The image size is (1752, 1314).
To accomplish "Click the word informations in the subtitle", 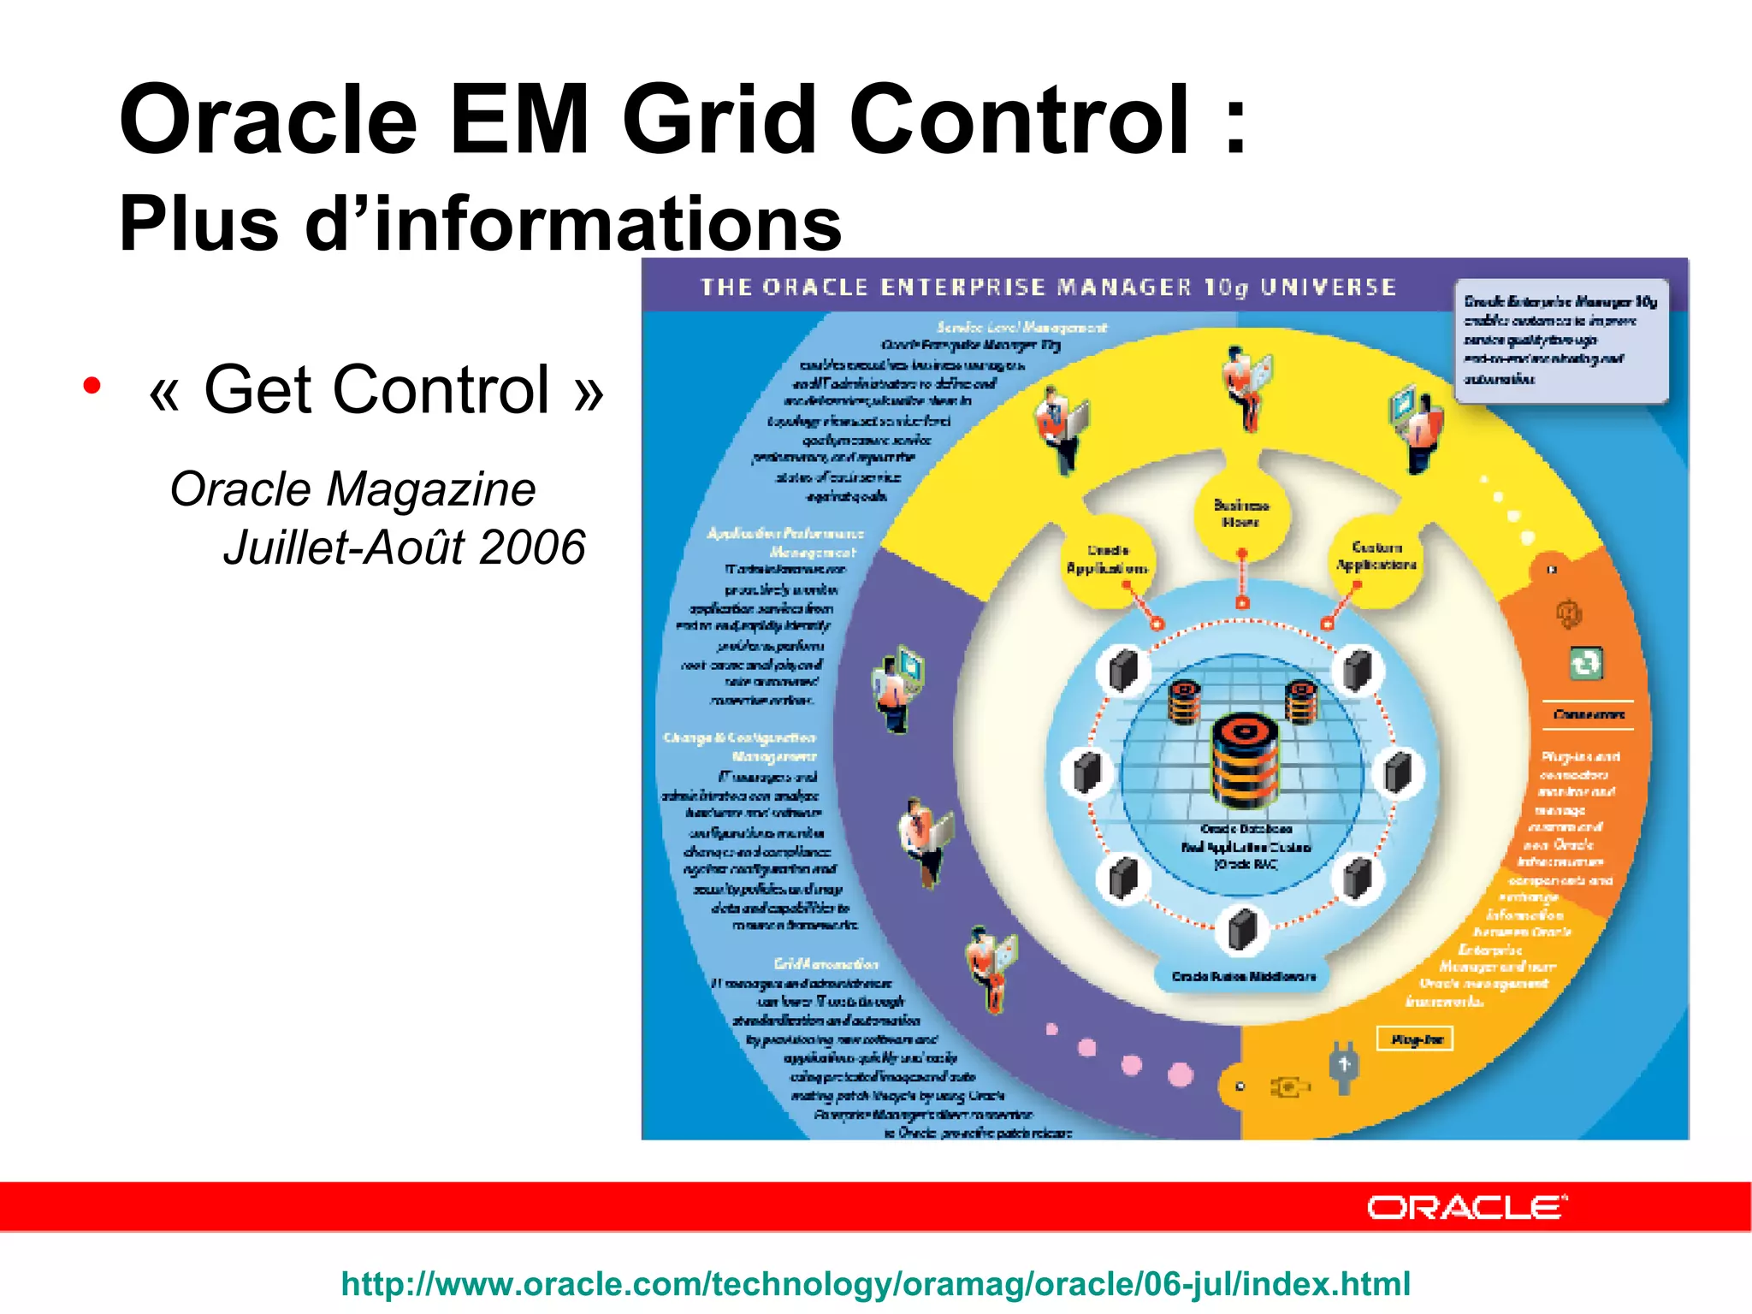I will (607, 224).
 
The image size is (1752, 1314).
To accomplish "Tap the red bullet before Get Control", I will (92, 386).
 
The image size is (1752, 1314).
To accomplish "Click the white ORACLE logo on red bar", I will (1466, 1207).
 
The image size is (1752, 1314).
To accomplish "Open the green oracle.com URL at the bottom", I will (875, 1284).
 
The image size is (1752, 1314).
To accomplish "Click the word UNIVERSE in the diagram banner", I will (1329, 287).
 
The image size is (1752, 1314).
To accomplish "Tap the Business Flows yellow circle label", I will (1241, 513).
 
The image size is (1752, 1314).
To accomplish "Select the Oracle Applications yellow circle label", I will (1107, 560).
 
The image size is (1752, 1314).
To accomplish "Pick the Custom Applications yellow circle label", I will (1376, 556).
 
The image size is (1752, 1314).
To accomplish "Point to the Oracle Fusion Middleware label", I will (1243, 977).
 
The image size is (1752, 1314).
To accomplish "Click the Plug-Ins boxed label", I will (1416, 1039).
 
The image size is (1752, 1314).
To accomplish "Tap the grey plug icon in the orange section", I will (1343, 1067).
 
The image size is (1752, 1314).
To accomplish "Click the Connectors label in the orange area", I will (1589, 714).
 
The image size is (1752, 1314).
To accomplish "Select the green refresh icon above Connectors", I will (1585, 663).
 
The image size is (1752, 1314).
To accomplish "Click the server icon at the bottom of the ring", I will (1242, 930).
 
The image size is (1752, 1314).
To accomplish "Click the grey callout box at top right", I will (1560, 340).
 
